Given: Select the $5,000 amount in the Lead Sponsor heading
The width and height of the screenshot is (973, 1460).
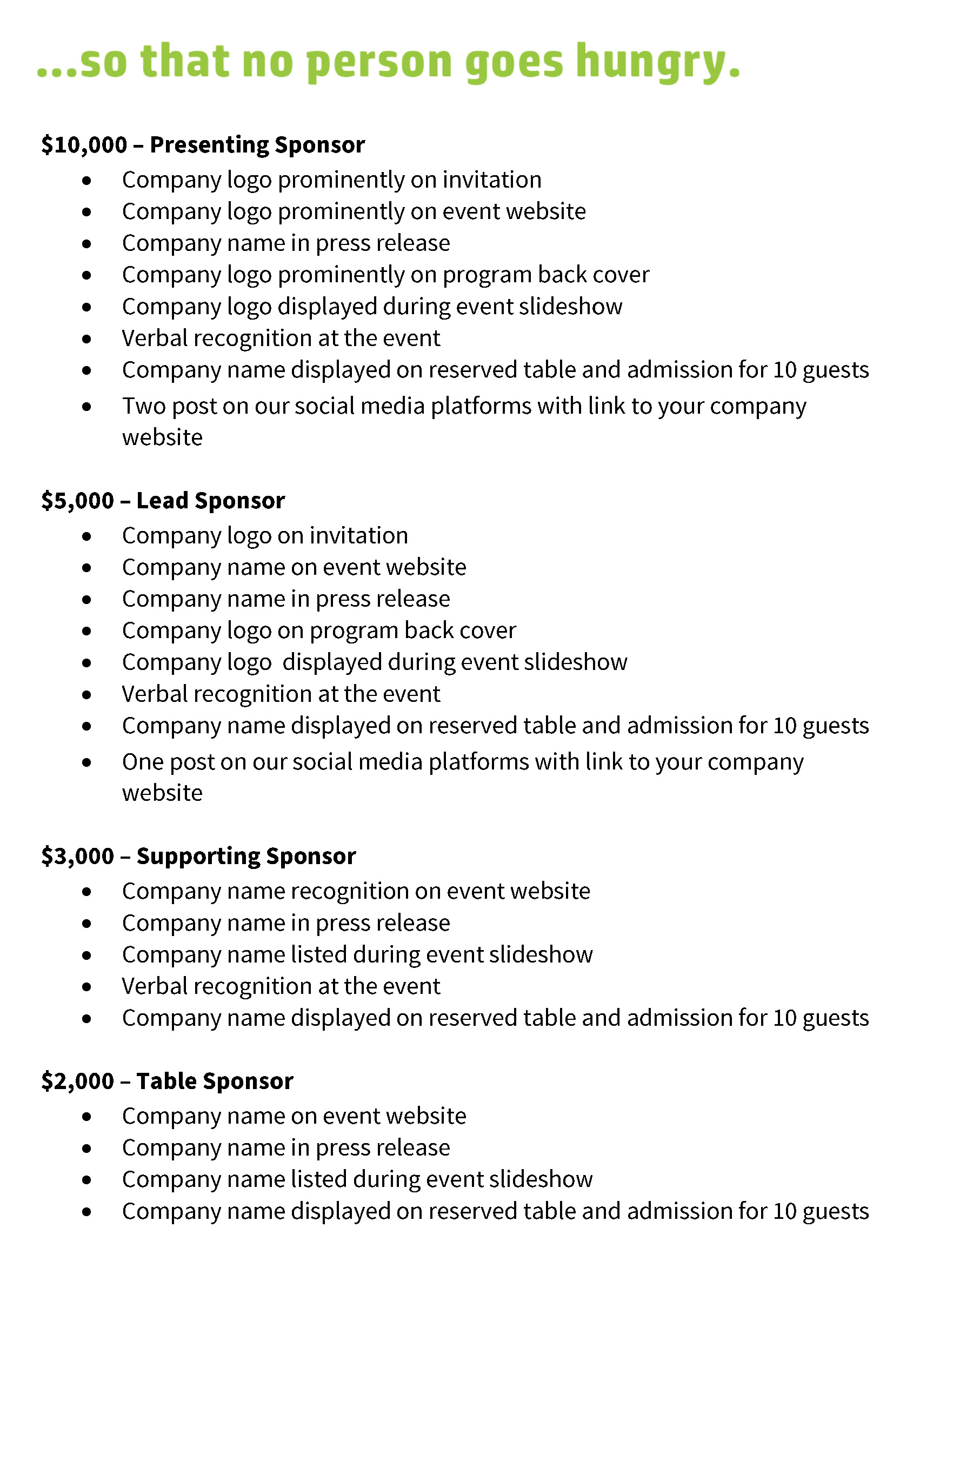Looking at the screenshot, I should click(77, 501).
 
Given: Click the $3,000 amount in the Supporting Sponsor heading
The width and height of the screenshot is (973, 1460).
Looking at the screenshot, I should click(77, 857).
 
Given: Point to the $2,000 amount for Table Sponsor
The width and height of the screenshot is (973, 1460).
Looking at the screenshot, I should click(77, 1081).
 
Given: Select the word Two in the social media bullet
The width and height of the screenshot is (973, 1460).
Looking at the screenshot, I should click(144, 406).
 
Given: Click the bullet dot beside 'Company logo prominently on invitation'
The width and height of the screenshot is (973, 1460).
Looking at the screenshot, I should click(86, 181).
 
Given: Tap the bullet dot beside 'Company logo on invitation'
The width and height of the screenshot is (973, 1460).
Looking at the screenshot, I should click(86, 536).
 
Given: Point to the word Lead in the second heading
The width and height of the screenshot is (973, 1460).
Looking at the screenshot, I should click(162, 501).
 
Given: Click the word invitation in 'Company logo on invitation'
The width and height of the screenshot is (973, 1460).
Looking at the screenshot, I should click(359, 536).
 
